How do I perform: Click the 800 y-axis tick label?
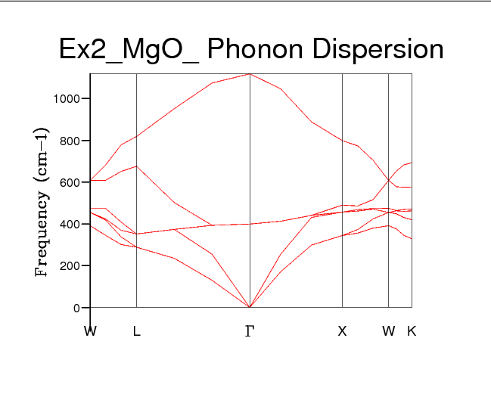point(70,141)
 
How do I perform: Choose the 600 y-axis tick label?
point(70,182)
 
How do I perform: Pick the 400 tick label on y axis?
point(70,225)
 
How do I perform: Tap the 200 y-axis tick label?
point(70,266)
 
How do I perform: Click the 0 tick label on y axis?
point(77,308)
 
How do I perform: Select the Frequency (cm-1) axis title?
point(43,203)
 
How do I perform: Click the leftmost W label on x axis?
point(91,331)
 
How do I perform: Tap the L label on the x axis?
point(136,331)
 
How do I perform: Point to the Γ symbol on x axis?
point(250,331)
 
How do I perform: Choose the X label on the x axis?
point(342,331)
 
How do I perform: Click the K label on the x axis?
point(412,331)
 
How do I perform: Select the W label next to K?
point(388,331)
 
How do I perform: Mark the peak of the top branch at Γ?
point(250,74)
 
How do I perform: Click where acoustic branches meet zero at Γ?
point(250,307)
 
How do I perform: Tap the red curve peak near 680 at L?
point(136,166)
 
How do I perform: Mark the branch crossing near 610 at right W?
point(389,180)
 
